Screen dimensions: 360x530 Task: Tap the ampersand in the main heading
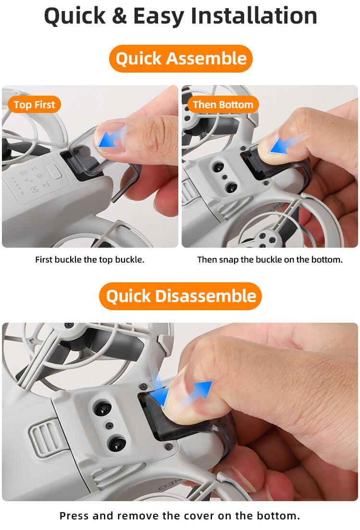[119, 16]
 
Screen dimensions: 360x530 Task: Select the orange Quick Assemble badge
[181, 59]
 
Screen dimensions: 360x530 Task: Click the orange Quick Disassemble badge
[180, 296]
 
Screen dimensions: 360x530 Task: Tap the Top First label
[34, 105]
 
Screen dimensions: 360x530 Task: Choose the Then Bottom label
[223, 104]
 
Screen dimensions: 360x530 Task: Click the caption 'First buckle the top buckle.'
[90, 260]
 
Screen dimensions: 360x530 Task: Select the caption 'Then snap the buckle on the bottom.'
[270, 260]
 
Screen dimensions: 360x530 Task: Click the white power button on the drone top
[54, 171]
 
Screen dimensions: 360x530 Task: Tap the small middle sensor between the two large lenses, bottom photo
[109, 426]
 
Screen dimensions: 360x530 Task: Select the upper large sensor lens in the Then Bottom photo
[218, 166]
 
